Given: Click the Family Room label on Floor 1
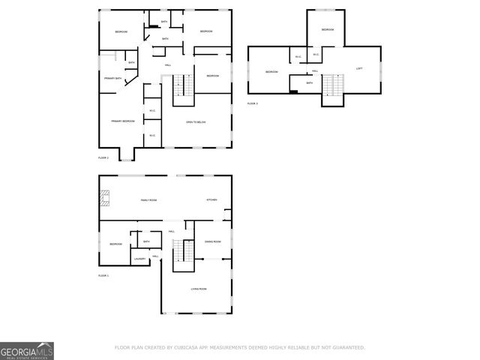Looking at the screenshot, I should (x=148, y=200).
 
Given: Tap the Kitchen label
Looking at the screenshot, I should (x=212, y=200).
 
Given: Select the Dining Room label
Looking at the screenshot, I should (x=212, y=241).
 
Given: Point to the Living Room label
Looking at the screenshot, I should (x=198, y=289).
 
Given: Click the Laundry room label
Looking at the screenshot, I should (x=139, y=259).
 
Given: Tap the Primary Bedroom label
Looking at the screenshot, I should (x=122, y=121).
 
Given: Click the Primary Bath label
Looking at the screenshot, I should (x=113, y=78).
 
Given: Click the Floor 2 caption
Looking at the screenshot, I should (x=103, y=158).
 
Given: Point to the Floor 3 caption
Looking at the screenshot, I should (x=252, y=103).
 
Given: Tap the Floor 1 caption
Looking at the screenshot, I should (x=103, y=276).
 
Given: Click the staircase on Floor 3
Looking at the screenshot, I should (x=331, y=88).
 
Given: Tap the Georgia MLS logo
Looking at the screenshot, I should (x=27, y=351).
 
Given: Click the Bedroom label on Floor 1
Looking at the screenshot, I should (x=115, y=244).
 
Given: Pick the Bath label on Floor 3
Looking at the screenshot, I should (x=309, y=83).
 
